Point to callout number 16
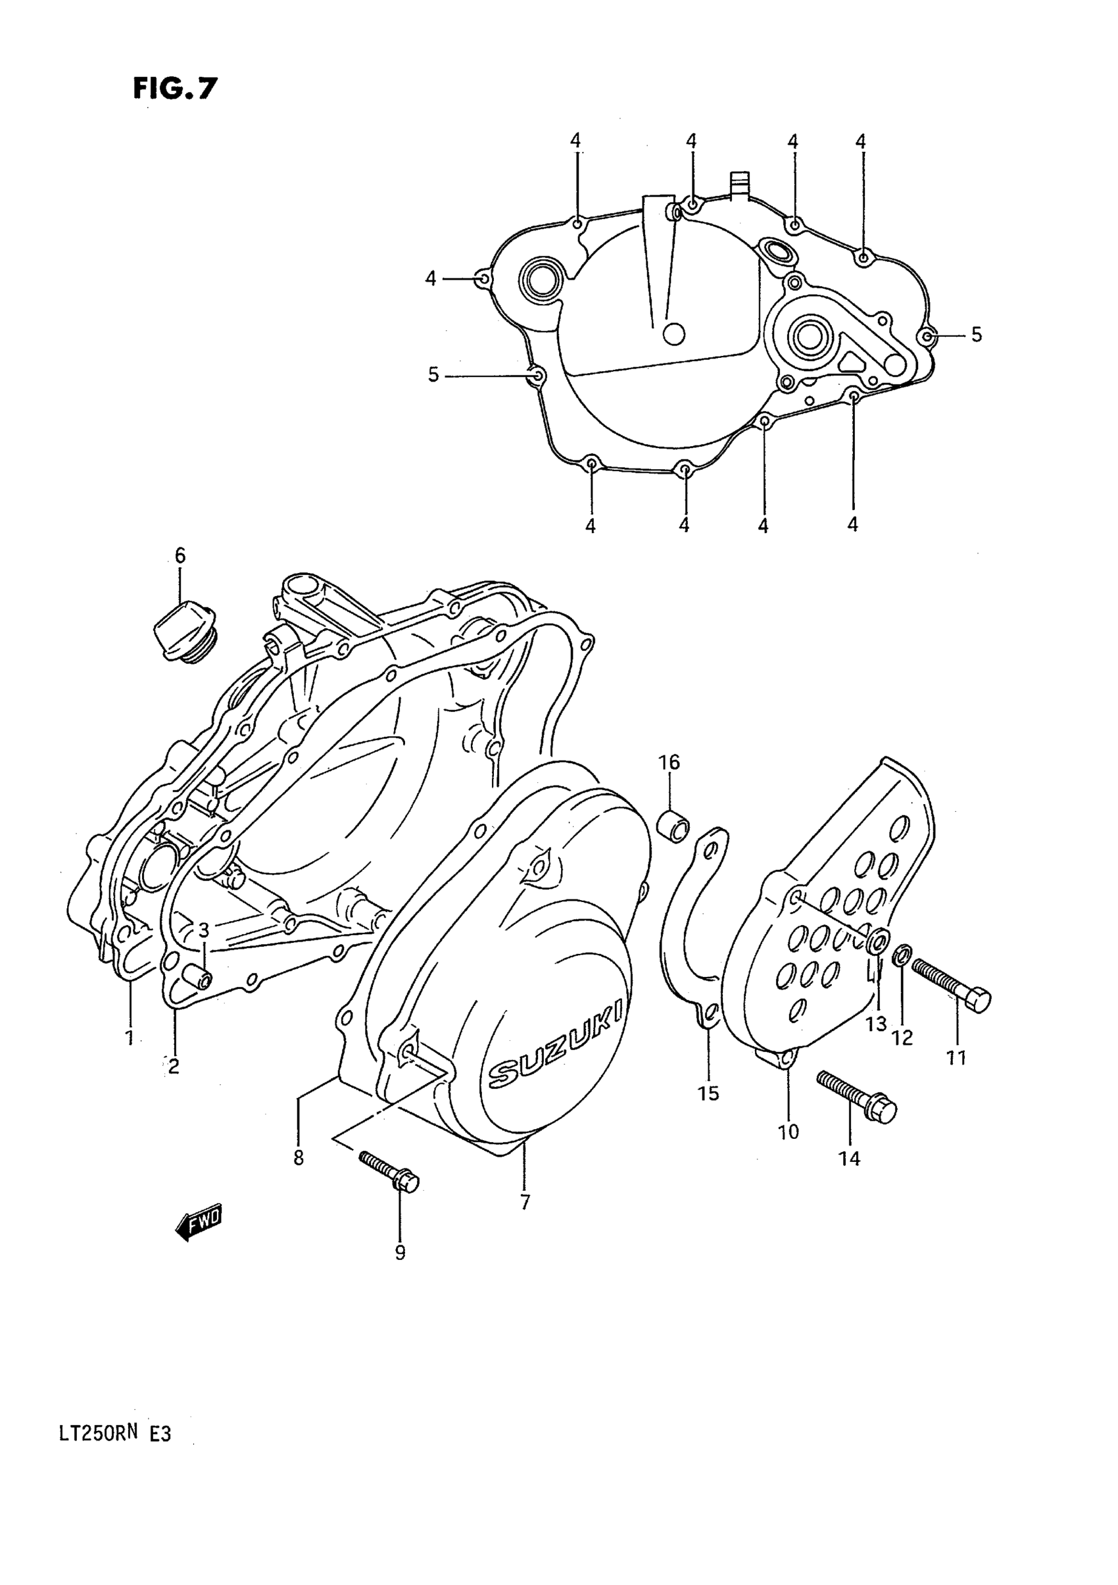click(669, 762)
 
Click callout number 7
click(525, 1202)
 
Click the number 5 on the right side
click(976, 335)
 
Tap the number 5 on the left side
click(433, 375)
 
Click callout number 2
click(173, 1067)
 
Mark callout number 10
click(788, 1132)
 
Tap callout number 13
click(876, 1024)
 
